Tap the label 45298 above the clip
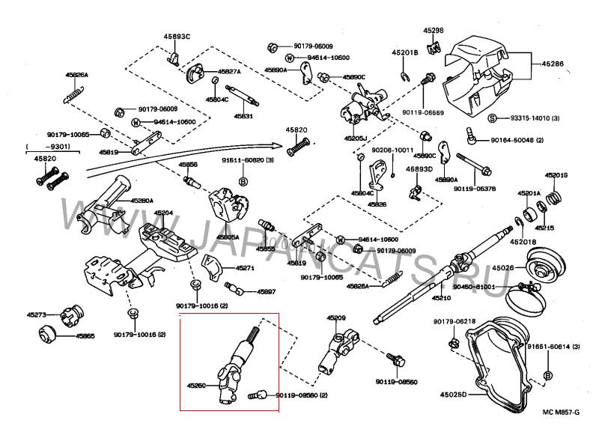point(433,31)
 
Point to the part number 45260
point(196,386)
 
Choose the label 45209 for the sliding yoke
point(336,318)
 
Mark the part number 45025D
point(454,394)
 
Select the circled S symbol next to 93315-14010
point(493,118)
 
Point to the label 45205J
point(356,139)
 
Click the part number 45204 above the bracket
point(163,213)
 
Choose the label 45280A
point(142,201)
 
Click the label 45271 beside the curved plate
point(246,267)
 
